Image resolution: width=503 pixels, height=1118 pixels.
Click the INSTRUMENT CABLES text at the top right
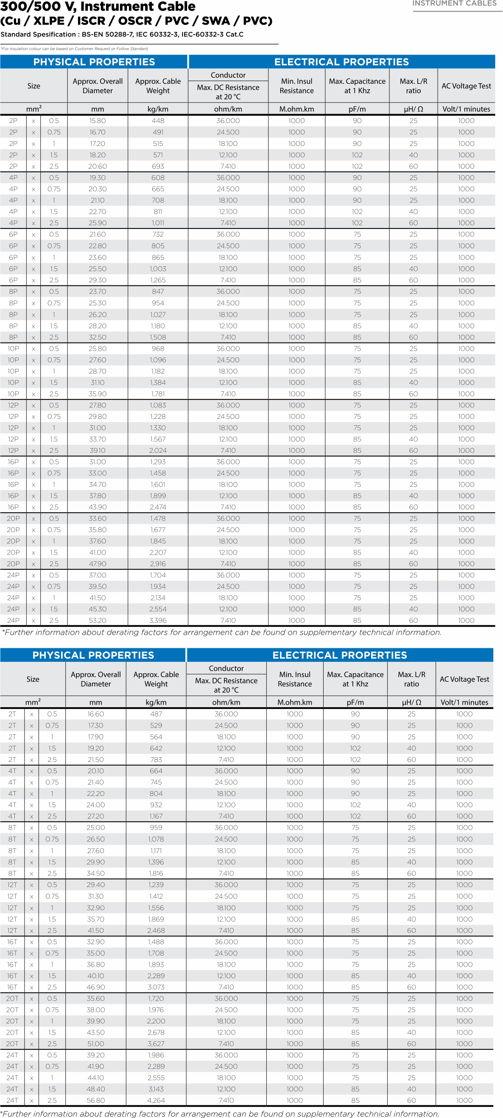click(x=454, y=3)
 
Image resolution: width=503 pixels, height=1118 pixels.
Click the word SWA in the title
click(x=221, y=21)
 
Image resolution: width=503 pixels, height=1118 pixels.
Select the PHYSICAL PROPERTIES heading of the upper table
click(x=94, y=61)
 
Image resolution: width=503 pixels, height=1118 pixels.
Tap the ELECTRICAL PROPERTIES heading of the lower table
click(x=339, y=655)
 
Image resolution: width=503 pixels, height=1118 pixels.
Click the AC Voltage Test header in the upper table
click(x=466, y=86)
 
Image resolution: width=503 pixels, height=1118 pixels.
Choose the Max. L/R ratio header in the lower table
click(x=411, y=679)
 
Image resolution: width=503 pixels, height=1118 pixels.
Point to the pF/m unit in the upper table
click(x=357, y=109)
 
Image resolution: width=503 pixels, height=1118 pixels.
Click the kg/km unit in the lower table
click(x=156, y=702)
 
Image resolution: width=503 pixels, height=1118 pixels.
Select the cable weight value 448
click(x=158, y=121)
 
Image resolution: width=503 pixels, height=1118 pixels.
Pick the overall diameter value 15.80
click(x=98, y=121)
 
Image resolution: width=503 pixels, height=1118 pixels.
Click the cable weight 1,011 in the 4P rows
click(x=158, y=223)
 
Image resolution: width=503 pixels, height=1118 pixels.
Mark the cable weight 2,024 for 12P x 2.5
click(x=158, y=451)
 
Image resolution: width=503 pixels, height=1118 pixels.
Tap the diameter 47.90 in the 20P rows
click(x=98, y=564)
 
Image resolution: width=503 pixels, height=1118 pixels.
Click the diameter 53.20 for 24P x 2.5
click(x=98, y=620)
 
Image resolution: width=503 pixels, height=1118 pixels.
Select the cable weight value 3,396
click(x=158, y=620)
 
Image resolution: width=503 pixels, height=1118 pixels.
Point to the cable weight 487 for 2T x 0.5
click(x=156, y=714)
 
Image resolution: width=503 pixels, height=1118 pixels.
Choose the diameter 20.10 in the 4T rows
click(x=96, y=771)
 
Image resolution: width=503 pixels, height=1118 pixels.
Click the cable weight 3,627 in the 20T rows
click(x=156, y=1044)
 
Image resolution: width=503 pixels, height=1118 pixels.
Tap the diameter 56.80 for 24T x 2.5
click(x=96, y=1100)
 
